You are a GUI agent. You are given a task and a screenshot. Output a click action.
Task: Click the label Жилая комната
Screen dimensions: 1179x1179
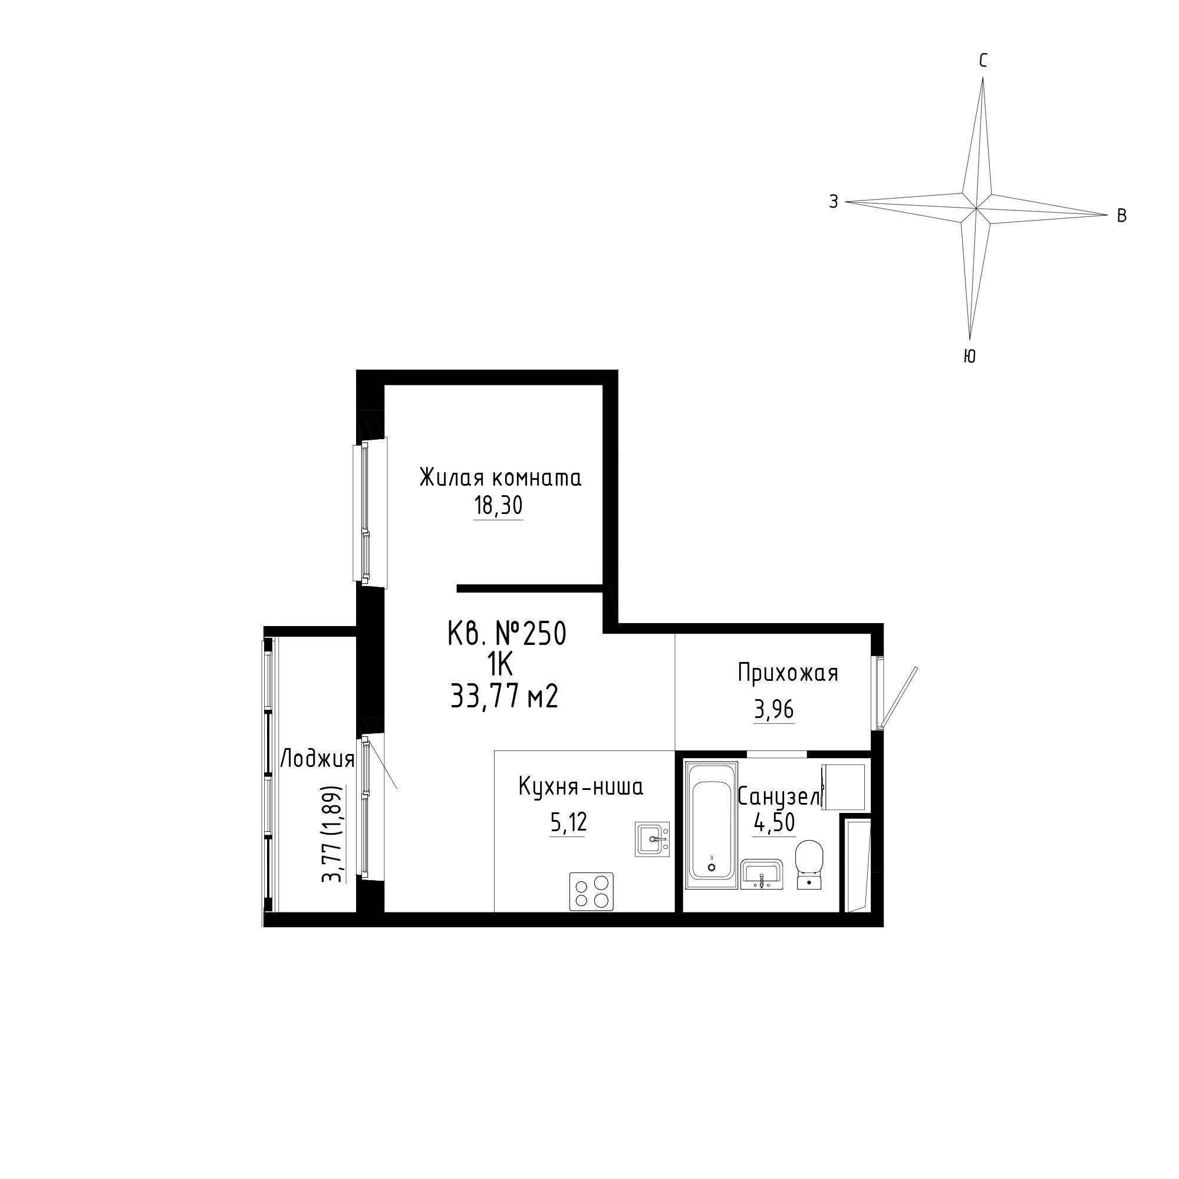tap(500, 478)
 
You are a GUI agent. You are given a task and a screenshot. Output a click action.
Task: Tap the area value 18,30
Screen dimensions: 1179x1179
tap(499, 506)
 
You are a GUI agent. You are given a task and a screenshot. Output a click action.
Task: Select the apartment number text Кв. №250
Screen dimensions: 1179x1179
tap(507, 634)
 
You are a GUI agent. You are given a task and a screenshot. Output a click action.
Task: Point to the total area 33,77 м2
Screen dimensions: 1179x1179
tap(505, 696)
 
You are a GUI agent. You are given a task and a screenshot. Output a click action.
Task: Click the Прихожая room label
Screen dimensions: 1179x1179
tap(788, 673)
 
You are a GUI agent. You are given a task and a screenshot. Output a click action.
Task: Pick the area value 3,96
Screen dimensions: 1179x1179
tap(774, 710)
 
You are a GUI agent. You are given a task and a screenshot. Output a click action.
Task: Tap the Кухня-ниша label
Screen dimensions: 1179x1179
tap(581, 787)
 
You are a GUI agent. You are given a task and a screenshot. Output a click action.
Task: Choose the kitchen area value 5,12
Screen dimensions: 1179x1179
tap(568, 822)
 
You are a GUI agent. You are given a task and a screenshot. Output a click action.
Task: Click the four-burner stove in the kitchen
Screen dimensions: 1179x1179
tap(591, 891)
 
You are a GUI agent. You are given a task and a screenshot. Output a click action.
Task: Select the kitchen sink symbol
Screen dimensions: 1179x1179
tap(653, 839)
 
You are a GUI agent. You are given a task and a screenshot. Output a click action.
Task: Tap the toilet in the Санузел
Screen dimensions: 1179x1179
tap(810, 864)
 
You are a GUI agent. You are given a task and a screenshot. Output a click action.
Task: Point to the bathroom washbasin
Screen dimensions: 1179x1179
tap(762, 874)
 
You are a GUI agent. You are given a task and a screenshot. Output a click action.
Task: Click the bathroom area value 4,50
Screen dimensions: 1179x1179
tap(775, 823)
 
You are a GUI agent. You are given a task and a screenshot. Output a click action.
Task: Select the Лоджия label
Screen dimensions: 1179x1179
tap(317, 760)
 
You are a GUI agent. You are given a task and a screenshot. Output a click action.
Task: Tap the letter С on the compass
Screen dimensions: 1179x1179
tap(983, 60)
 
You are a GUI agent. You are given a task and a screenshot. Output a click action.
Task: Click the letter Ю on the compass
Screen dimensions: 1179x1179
tap(969, 357)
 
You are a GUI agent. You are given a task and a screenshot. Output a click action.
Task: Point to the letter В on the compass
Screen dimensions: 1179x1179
tap(1122, 215)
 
